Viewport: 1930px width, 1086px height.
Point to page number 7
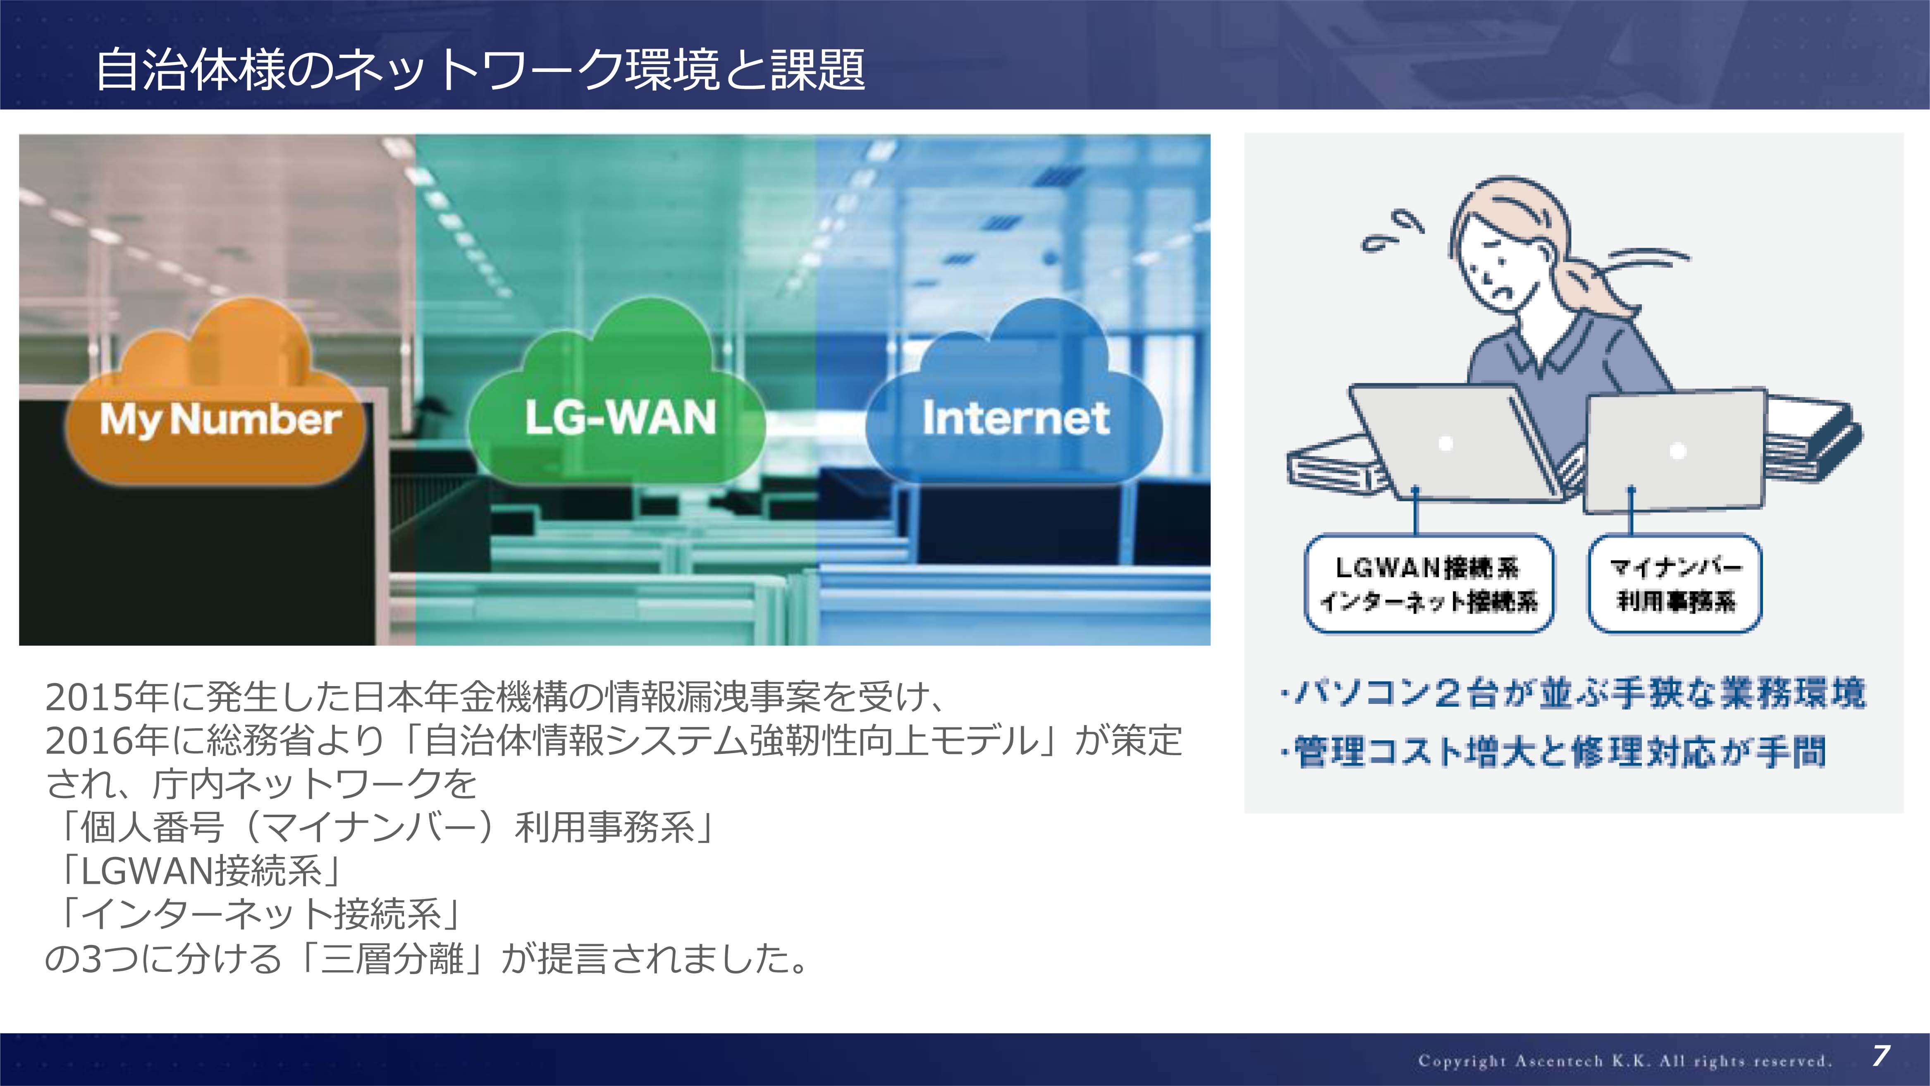click(x=1880, y=1056)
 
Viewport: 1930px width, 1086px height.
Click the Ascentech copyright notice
click(x=1624, y=1060)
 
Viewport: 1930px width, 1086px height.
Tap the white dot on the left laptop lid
click(x=1446, y=444)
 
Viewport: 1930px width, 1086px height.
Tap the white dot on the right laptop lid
click(x=1678, y=450)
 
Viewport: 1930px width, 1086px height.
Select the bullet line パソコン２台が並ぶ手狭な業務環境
click(x=1573, y=693)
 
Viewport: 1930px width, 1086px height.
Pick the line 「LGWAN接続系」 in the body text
click(x=196, y=871)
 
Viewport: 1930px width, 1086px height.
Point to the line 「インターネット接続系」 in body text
click(x=255, y=914)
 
